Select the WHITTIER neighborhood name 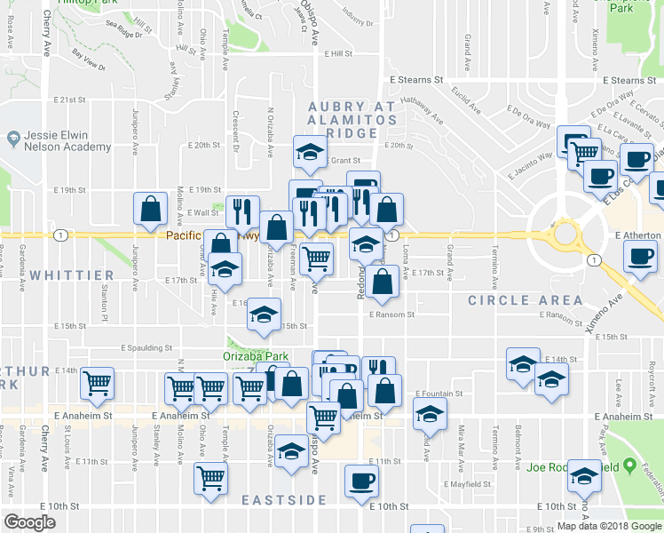71,276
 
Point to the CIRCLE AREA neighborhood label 526,300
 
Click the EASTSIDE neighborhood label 284,500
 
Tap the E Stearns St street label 416,80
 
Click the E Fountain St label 440,393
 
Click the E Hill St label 338,53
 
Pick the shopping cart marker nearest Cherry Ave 97,383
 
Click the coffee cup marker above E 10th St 361,480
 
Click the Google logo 30,522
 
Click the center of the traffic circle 565,235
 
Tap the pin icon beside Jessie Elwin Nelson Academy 12,139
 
